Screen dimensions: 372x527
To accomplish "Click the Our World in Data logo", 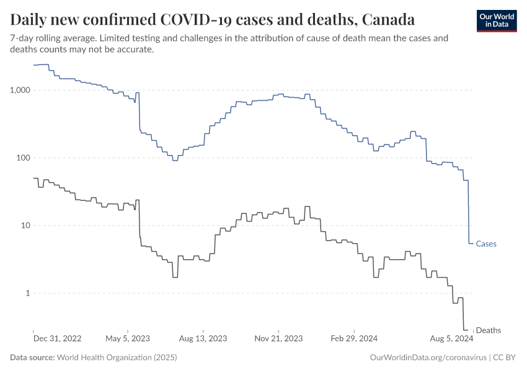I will (496, 20).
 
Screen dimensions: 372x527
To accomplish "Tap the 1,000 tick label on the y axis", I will (22, 90).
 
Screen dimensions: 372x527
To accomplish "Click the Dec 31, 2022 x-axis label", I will (57, 339).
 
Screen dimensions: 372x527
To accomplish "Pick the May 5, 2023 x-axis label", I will (128, 339).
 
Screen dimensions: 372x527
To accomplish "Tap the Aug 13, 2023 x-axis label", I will (203, 339).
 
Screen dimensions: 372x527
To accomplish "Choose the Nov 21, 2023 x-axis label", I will (278, 339).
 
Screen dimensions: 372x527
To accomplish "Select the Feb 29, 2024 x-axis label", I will (354, 339).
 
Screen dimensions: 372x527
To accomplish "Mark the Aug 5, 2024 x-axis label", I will (452, 339).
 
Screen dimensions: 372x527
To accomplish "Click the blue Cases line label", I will (486, 244).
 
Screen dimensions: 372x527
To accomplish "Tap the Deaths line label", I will (489, 330).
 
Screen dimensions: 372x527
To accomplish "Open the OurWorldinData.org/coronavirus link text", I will (428, 358).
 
